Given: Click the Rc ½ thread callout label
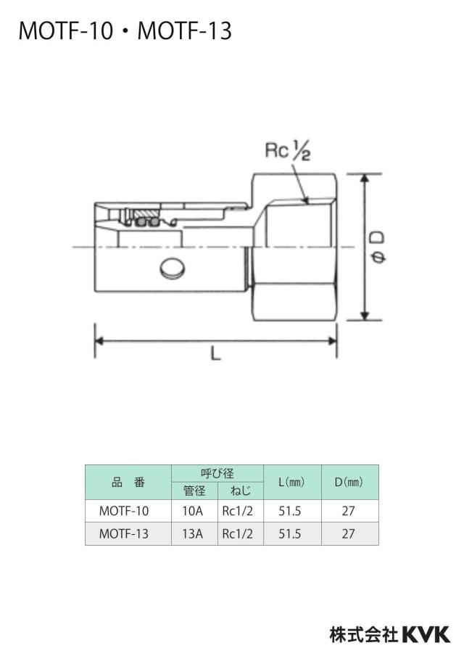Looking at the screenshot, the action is [288, 151].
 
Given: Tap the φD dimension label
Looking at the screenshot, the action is [378, 248].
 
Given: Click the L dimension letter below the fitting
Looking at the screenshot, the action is [215, 354].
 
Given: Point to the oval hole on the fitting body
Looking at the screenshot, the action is [173, 268].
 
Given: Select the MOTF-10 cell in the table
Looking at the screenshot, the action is [124, 511].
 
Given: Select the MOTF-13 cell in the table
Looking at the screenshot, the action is [124, 534].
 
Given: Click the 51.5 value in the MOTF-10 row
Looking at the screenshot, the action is [290, 511].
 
